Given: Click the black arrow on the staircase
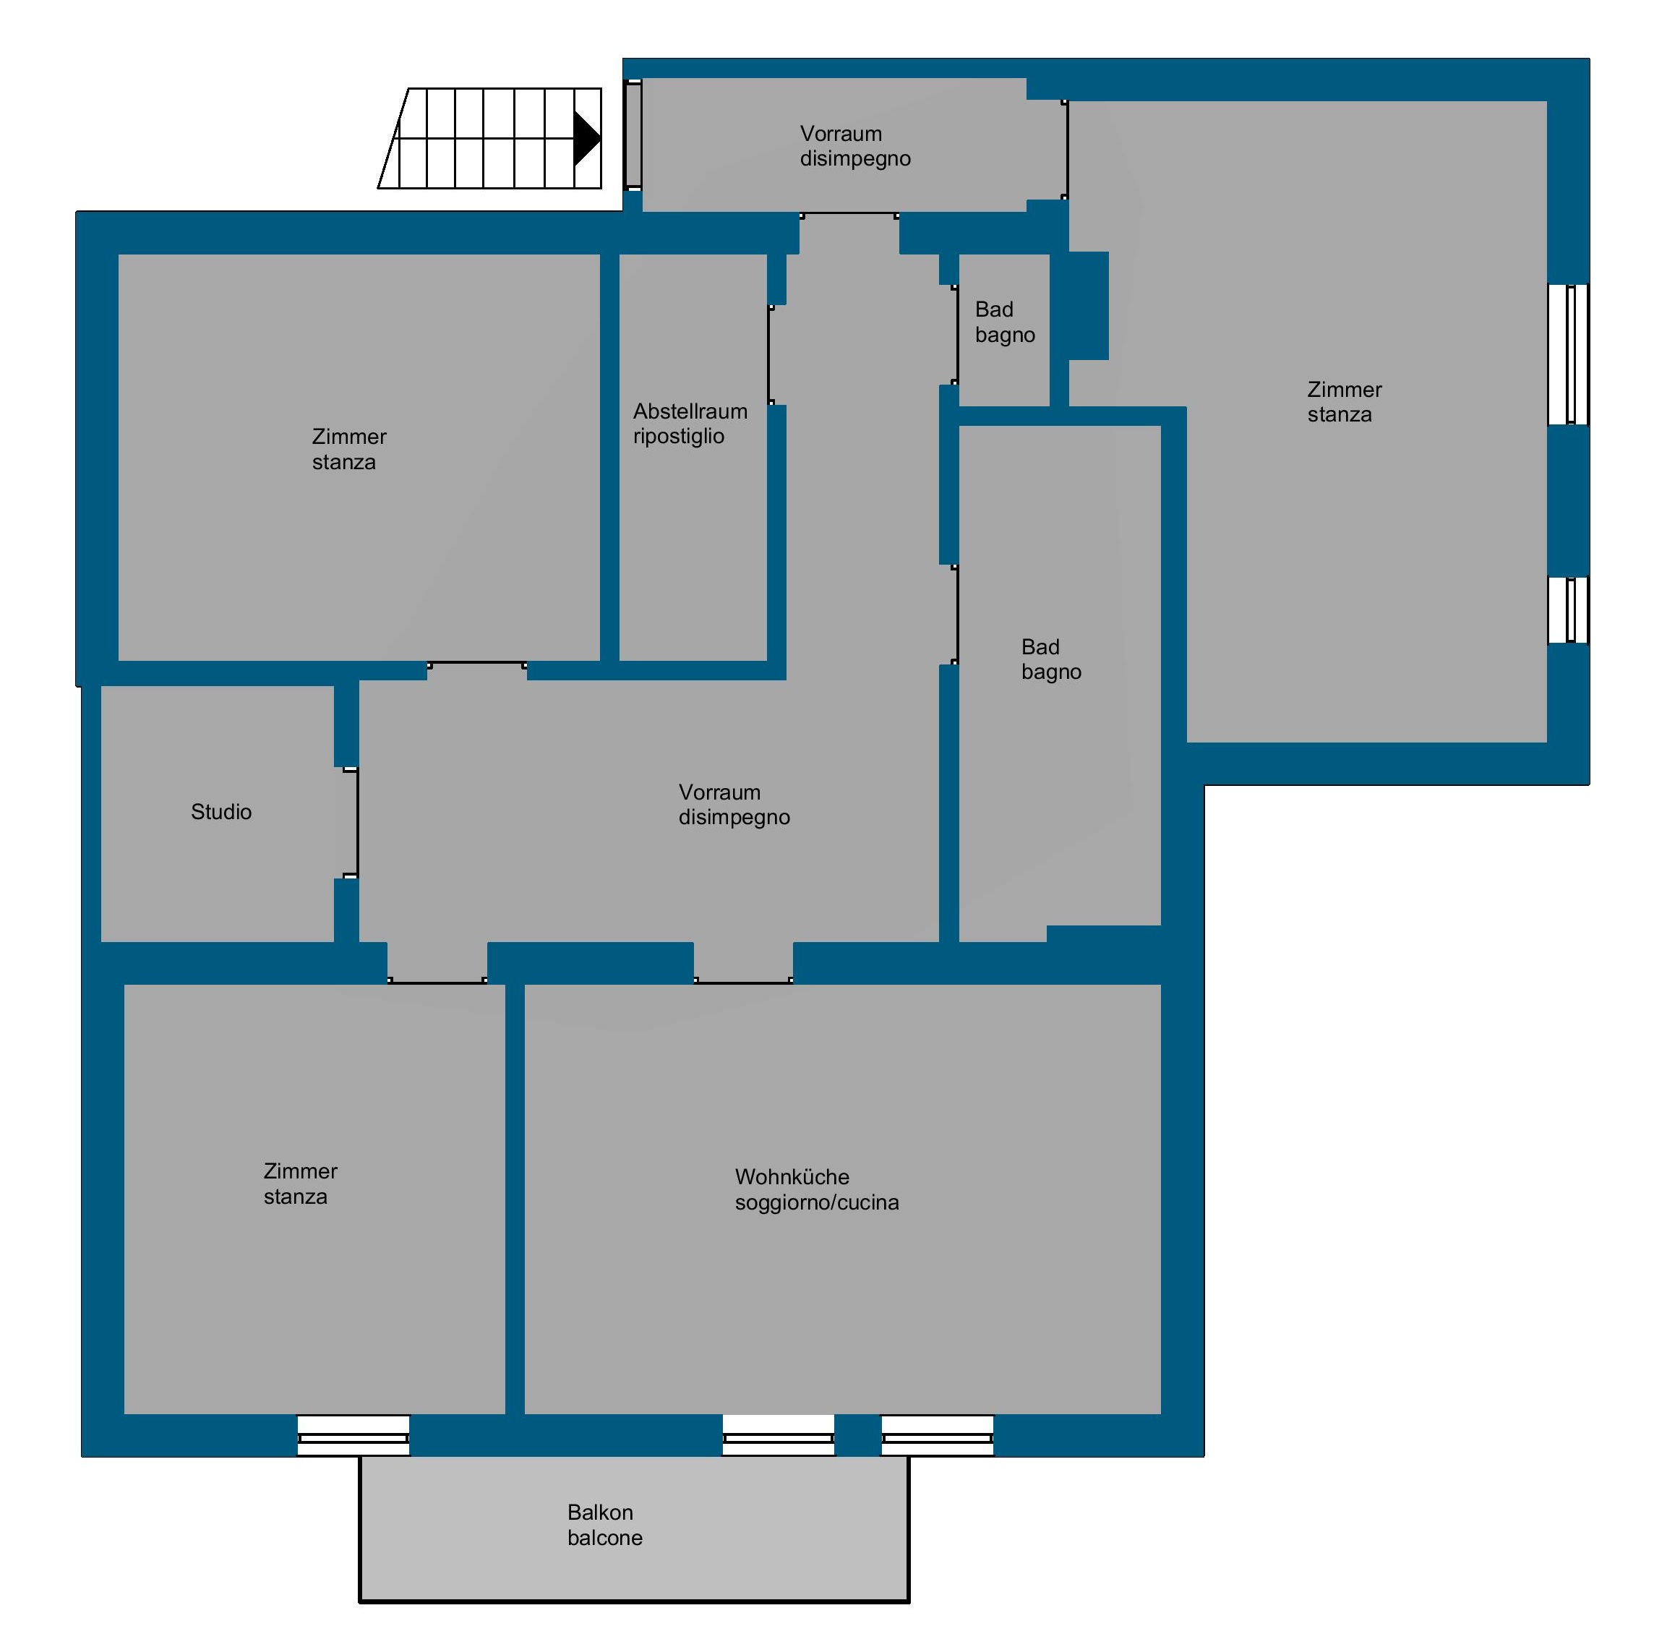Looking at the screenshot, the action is click(x=586, y=138).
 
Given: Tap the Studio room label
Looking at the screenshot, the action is click(x=221, y=811).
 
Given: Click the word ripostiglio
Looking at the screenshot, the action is click(x=679, y=437).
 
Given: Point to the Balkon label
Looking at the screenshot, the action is click(x=600, y=1513).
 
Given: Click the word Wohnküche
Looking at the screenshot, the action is click(x=792, y=1177).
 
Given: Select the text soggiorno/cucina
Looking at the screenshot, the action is click(x=817, y=1203).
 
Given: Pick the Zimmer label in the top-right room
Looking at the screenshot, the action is click(x=1344, y=390).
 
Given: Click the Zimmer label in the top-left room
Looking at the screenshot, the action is click(x=348, y=437).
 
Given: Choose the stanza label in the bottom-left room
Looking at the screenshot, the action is click(x=296, y=1197).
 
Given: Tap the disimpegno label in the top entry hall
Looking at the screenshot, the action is click(x=855, y=159).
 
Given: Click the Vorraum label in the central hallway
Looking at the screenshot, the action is click(x=719, y=792).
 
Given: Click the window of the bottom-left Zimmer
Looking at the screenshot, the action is click(x=353, y=1436).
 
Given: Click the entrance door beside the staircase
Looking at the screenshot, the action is click(x=633, y=134).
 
